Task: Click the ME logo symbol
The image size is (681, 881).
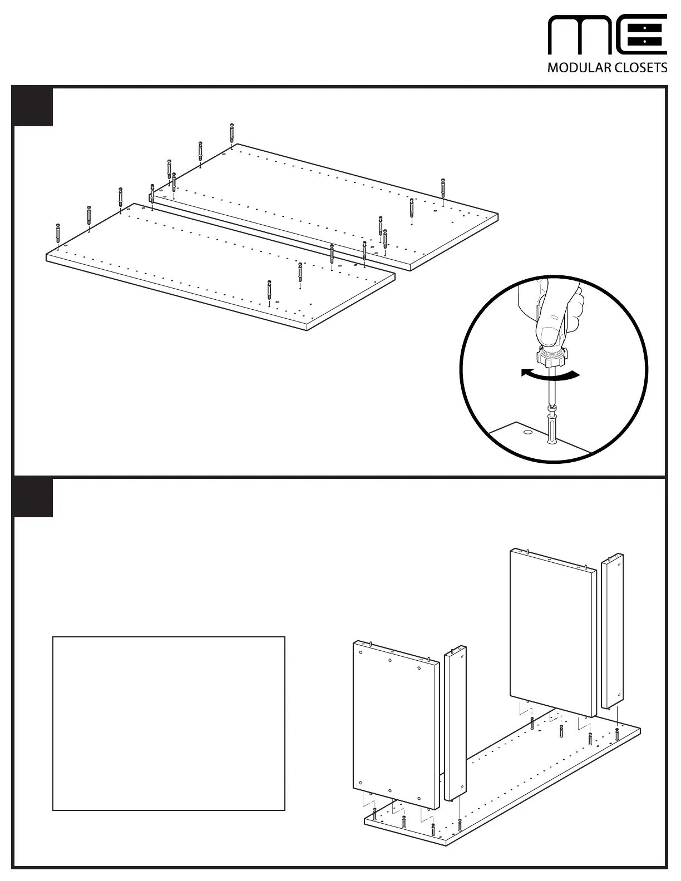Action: (x=608, y=35)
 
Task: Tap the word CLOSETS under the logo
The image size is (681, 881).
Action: (x=640, y=68)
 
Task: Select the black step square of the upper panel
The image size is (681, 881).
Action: (x=33, y=107)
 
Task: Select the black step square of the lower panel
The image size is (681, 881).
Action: (x=33, y=497)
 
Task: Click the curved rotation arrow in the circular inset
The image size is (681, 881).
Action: (x=551, y=376)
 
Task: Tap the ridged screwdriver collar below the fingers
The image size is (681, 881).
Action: (x=551, y=356)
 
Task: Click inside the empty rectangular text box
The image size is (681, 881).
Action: (x=169, y=723)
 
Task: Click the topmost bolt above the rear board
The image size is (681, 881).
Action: (x=231, y=132)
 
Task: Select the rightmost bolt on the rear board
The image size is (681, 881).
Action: (x=443, y=187)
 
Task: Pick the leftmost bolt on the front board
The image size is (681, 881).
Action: (x=58, y=232)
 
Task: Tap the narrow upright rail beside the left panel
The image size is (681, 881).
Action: (x=455, y=723)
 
